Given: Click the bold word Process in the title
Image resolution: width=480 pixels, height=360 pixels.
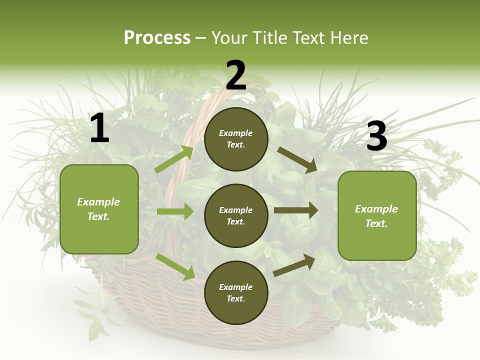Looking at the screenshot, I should point(157,38).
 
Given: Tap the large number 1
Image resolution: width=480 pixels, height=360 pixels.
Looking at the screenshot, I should point(99,128).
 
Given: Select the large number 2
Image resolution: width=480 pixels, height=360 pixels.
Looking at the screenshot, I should point(236,76).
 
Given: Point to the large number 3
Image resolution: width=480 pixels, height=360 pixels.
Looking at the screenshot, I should point(376,136).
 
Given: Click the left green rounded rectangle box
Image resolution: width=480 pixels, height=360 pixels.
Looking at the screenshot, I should point(99,209).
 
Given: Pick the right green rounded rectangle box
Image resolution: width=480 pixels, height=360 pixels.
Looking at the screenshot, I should point(377,215).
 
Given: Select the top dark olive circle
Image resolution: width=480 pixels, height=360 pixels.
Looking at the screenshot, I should point(236,139).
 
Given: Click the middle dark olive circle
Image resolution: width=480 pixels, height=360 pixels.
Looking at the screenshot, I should point(236,215).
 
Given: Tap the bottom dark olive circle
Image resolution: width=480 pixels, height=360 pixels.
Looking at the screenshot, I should point(236,292).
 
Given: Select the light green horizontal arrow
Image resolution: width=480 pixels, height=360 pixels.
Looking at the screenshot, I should point(175,211).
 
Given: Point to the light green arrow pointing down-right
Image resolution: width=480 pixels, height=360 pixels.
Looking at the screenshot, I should point(175,266).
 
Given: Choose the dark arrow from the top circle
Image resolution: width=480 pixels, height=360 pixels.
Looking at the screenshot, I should point(297,160).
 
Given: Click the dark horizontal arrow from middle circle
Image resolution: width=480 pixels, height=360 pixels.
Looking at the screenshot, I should point(296,210).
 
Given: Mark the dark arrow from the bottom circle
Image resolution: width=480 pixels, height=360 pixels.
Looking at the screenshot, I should point(294,265).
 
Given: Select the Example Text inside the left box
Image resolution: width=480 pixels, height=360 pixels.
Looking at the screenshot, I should point(99,209).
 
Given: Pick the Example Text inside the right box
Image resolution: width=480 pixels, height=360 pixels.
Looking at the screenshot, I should point(377,216).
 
